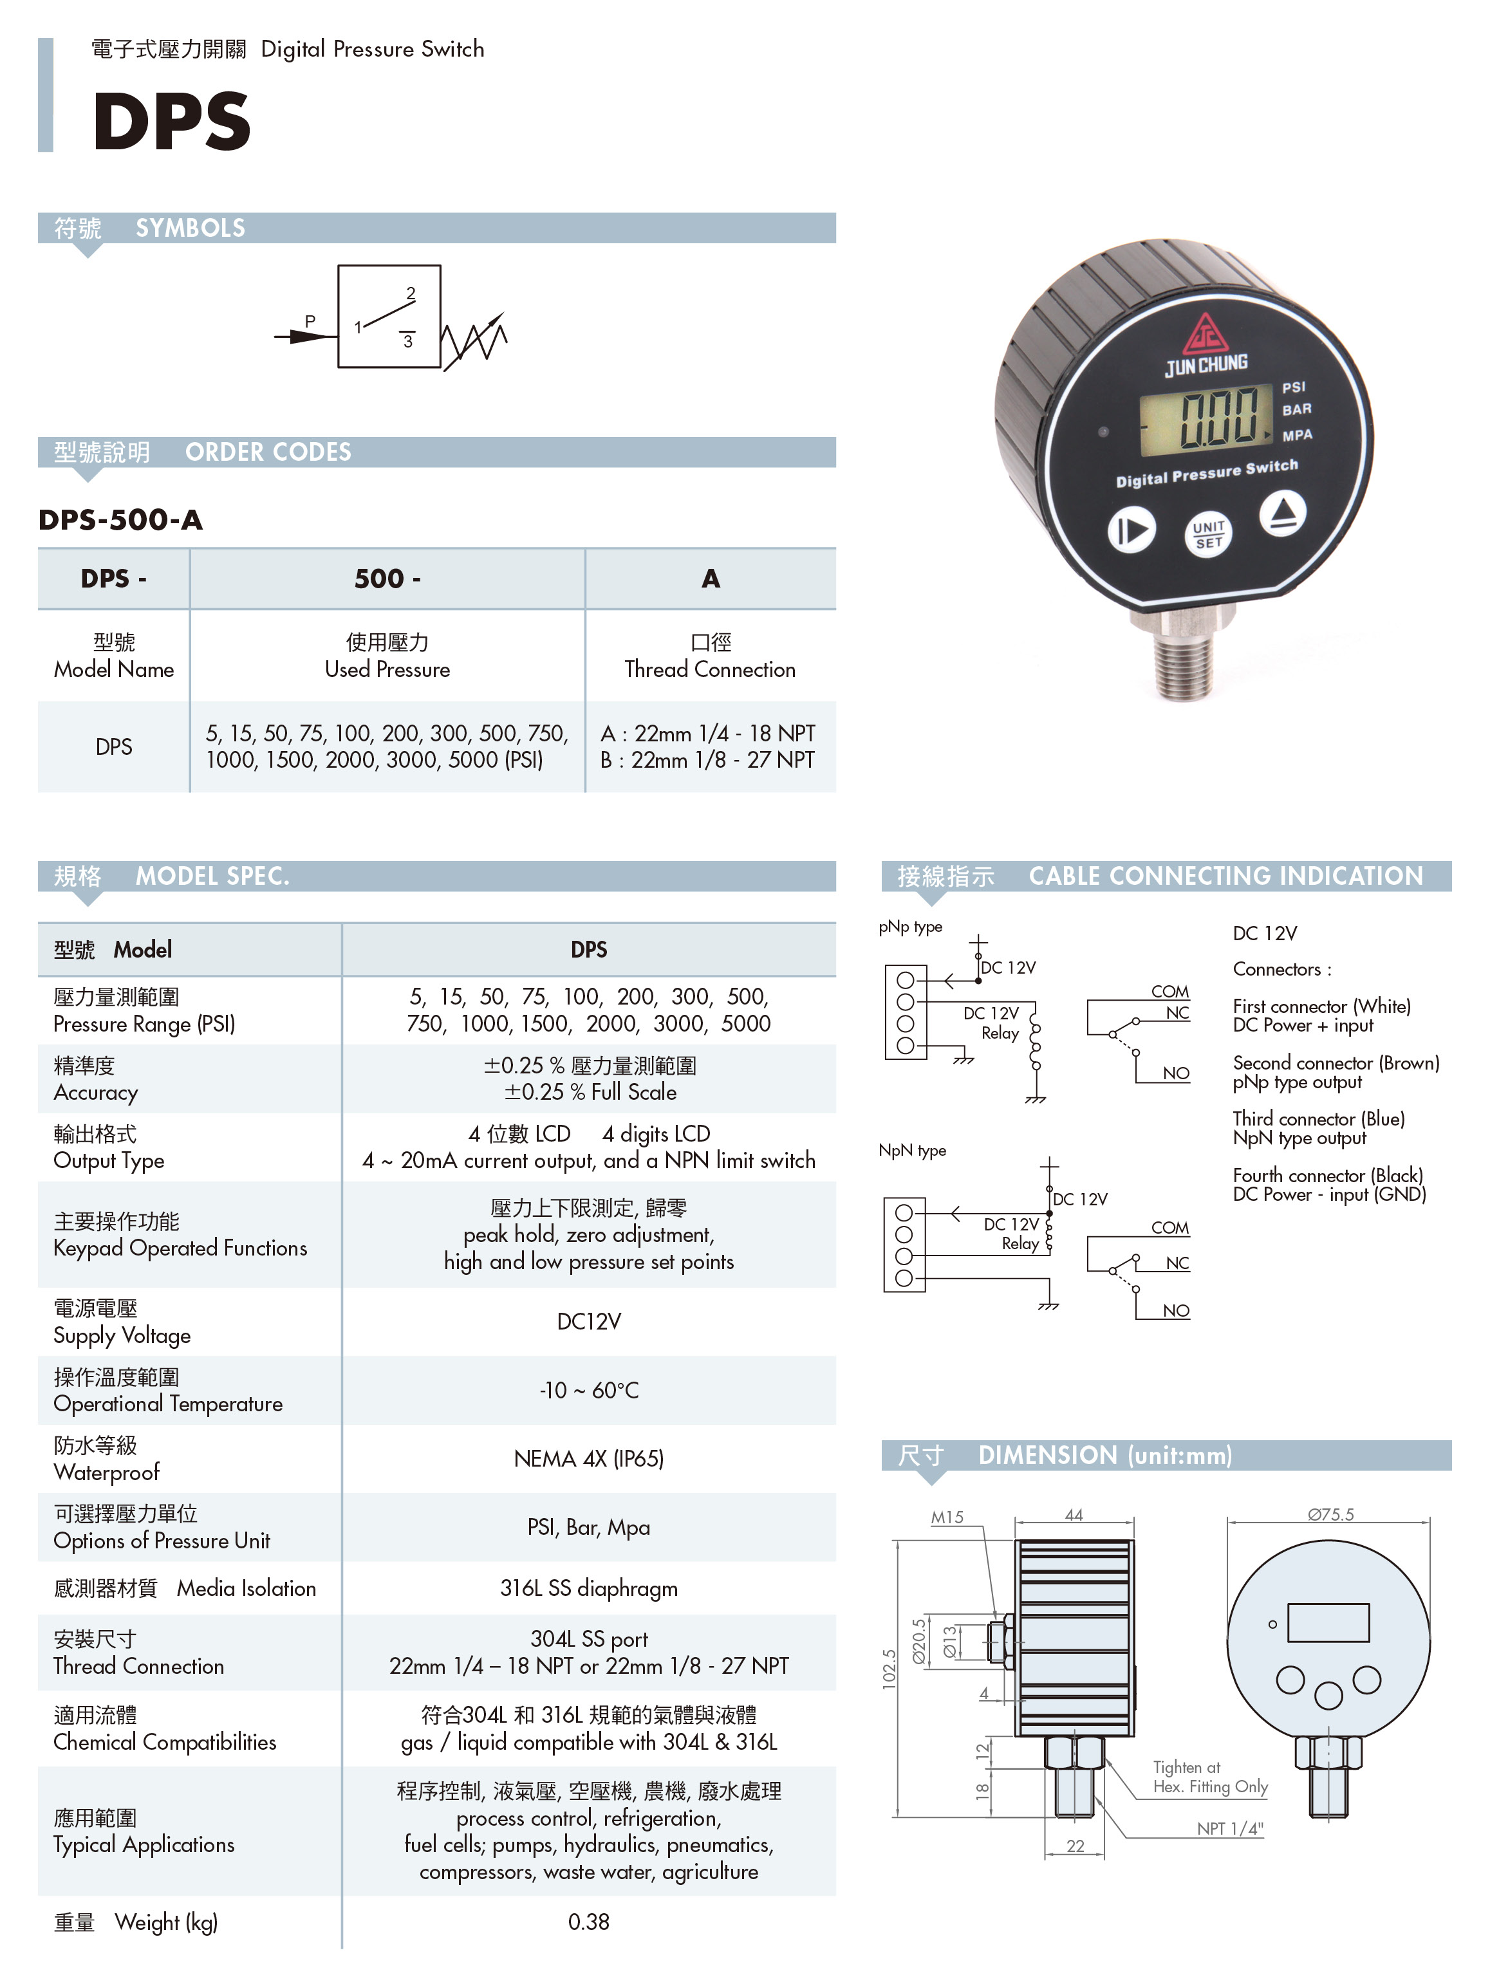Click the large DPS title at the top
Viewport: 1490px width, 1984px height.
(x=171, y=120)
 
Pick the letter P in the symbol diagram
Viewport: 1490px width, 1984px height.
(x=310, y=321)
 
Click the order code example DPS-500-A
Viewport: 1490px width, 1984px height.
(x=120, y=519)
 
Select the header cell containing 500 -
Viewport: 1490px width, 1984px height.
(x=387, y=579)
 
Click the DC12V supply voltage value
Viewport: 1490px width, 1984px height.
(x=588, y=1321)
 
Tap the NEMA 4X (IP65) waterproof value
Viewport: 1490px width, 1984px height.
(x=588, y=1458)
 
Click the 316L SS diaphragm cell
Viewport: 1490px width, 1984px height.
(x=588, y=1588)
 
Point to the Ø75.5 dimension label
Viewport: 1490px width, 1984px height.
(x=1330, y=1514)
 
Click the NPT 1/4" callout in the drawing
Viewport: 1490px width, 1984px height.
(x=1230, y=1829)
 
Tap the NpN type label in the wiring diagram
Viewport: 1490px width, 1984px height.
(x=912, y=1151)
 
